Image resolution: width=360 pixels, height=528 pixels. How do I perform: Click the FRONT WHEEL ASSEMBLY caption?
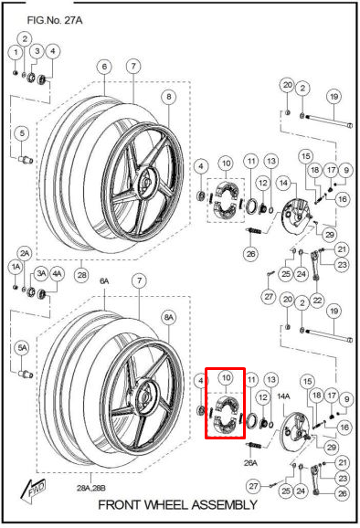point(176,504)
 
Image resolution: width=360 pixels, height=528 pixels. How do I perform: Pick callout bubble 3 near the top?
point(37,52)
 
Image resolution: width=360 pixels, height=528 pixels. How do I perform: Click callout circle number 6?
point(104,66)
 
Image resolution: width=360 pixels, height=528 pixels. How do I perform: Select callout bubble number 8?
point(168,97)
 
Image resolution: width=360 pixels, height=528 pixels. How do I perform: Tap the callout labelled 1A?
point(16,266)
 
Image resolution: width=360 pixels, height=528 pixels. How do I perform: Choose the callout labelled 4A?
point(57,272)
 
